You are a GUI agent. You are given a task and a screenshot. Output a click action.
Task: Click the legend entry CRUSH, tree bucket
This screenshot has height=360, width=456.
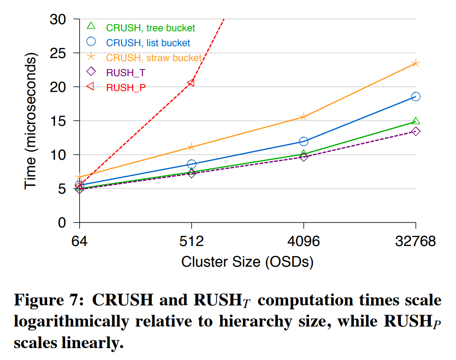(x=150, y=28)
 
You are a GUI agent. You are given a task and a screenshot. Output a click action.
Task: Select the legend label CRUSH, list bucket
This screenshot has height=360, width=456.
(x=148, y=43)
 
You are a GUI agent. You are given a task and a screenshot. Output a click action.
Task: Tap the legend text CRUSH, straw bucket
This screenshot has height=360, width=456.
(x=154, y=58)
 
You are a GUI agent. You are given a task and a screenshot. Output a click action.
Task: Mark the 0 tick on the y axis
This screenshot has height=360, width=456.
(x=62, y=223)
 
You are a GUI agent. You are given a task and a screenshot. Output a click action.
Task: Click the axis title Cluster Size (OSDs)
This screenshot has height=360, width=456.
(x=247, y=261)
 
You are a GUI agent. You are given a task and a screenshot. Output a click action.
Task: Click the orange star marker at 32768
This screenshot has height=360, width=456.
(x=416, y=63)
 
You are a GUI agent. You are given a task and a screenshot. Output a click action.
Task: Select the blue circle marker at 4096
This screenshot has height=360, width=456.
(x=304, y=141)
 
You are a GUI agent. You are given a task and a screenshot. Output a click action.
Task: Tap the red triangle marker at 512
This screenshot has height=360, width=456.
(x=191, y=82)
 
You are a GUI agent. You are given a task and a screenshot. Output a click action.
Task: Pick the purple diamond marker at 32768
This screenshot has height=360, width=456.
(x=416, y=131)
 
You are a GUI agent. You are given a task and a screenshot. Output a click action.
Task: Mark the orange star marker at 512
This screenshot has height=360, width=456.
(x=191, y=147)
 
